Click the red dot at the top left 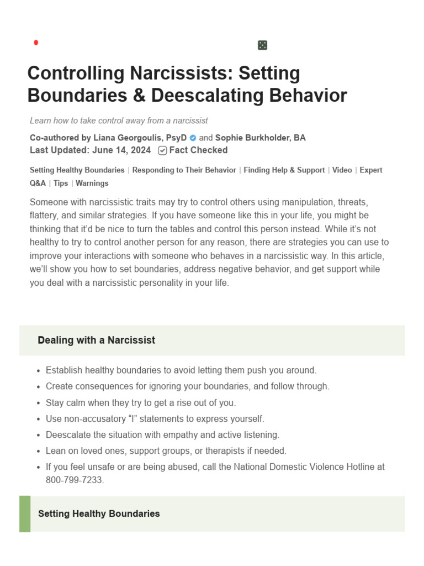(x=36, y=43)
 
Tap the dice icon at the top (x=262, y=45)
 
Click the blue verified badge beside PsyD (x=193, y=138)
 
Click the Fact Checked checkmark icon (x=162, y=150)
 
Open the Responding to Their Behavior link (x=184, y=170)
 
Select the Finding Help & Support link (x=284, y=170)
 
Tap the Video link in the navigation (x=342, y=170)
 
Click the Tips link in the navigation (x=61, y=183)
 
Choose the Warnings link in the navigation (x=92, y=183)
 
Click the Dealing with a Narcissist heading (x=96, y=340)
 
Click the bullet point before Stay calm (x=38, y=403)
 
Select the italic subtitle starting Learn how (x=119, y=120)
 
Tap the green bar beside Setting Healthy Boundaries (x=25, y=513)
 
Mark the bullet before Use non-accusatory (x=38, y=420)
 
